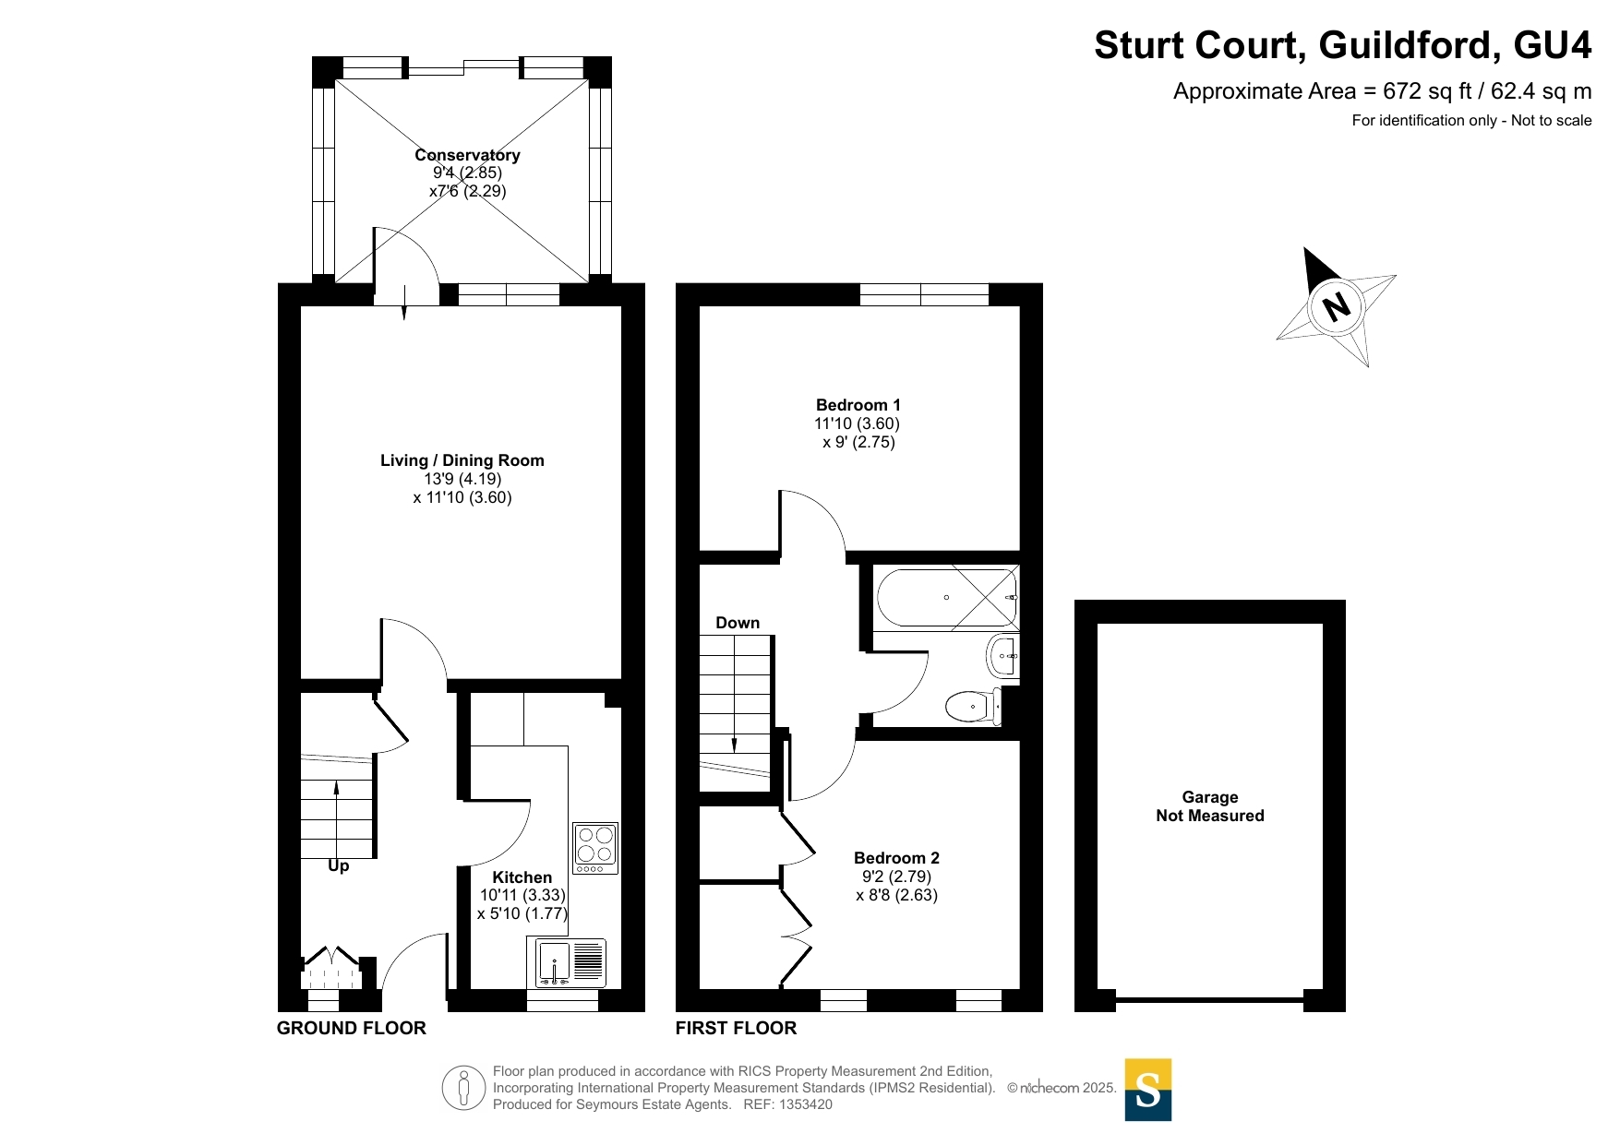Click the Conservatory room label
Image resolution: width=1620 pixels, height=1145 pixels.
click(467, 155)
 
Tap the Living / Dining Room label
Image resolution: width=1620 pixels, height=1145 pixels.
click(462, 460)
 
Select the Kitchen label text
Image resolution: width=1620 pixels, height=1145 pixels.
click(522, 877)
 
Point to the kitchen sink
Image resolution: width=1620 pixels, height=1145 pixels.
click(567, 962)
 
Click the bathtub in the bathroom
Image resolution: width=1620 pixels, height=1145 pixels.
click(947, 598)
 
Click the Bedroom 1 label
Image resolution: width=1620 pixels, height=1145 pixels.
click(858, 405)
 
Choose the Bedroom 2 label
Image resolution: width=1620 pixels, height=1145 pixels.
click(896, 858)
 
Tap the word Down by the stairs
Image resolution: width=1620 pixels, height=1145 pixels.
click(738, 623)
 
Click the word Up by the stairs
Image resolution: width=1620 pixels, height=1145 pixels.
click(339, 866)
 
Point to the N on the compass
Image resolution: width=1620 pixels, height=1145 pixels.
click(1336, 305)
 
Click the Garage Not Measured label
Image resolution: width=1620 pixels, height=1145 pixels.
click(1210, 806)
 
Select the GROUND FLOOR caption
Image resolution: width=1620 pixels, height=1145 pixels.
click(352, 1028)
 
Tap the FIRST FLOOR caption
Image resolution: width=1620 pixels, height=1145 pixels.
click(736, 1028)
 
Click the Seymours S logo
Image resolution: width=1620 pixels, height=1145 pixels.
click(1148, 1090)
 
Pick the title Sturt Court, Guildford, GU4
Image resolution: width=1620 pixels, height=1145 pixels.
click(1343, 45)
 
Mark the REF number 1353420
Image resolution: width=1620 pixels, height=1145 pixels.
click(806, 1104)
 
